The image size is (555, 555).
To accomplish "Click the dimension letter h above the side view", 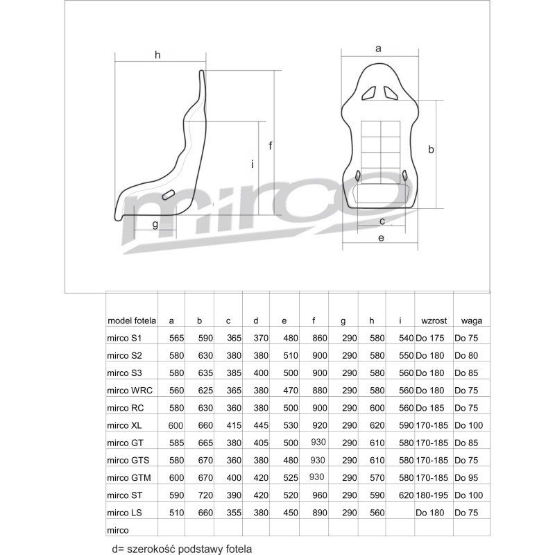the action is (x=157, y=55).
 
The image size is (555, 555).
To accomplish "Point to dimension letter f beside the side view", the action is (x=271, y=145).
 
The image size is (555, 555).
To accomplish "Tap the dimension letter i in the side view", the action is (x=253, y=164).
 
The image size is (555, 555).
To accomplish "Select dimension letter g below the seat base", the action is (x=155, y=224).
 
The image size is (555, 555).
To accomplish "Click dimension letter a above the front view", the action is (x=378, y=48).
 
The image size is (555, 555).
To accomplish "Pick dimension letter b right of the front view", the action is (x=431, y=149).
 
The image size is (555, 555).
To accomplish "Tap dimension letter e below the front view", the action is (x=381, y=238).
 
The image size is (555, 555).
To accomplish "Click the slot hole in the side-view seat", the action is (x=168, y=195).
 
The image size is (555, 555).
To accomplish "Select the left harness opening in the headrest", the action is (x=369, y=93).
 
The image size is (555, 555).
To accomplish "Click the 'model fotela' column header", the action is (x=132, y=321).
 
